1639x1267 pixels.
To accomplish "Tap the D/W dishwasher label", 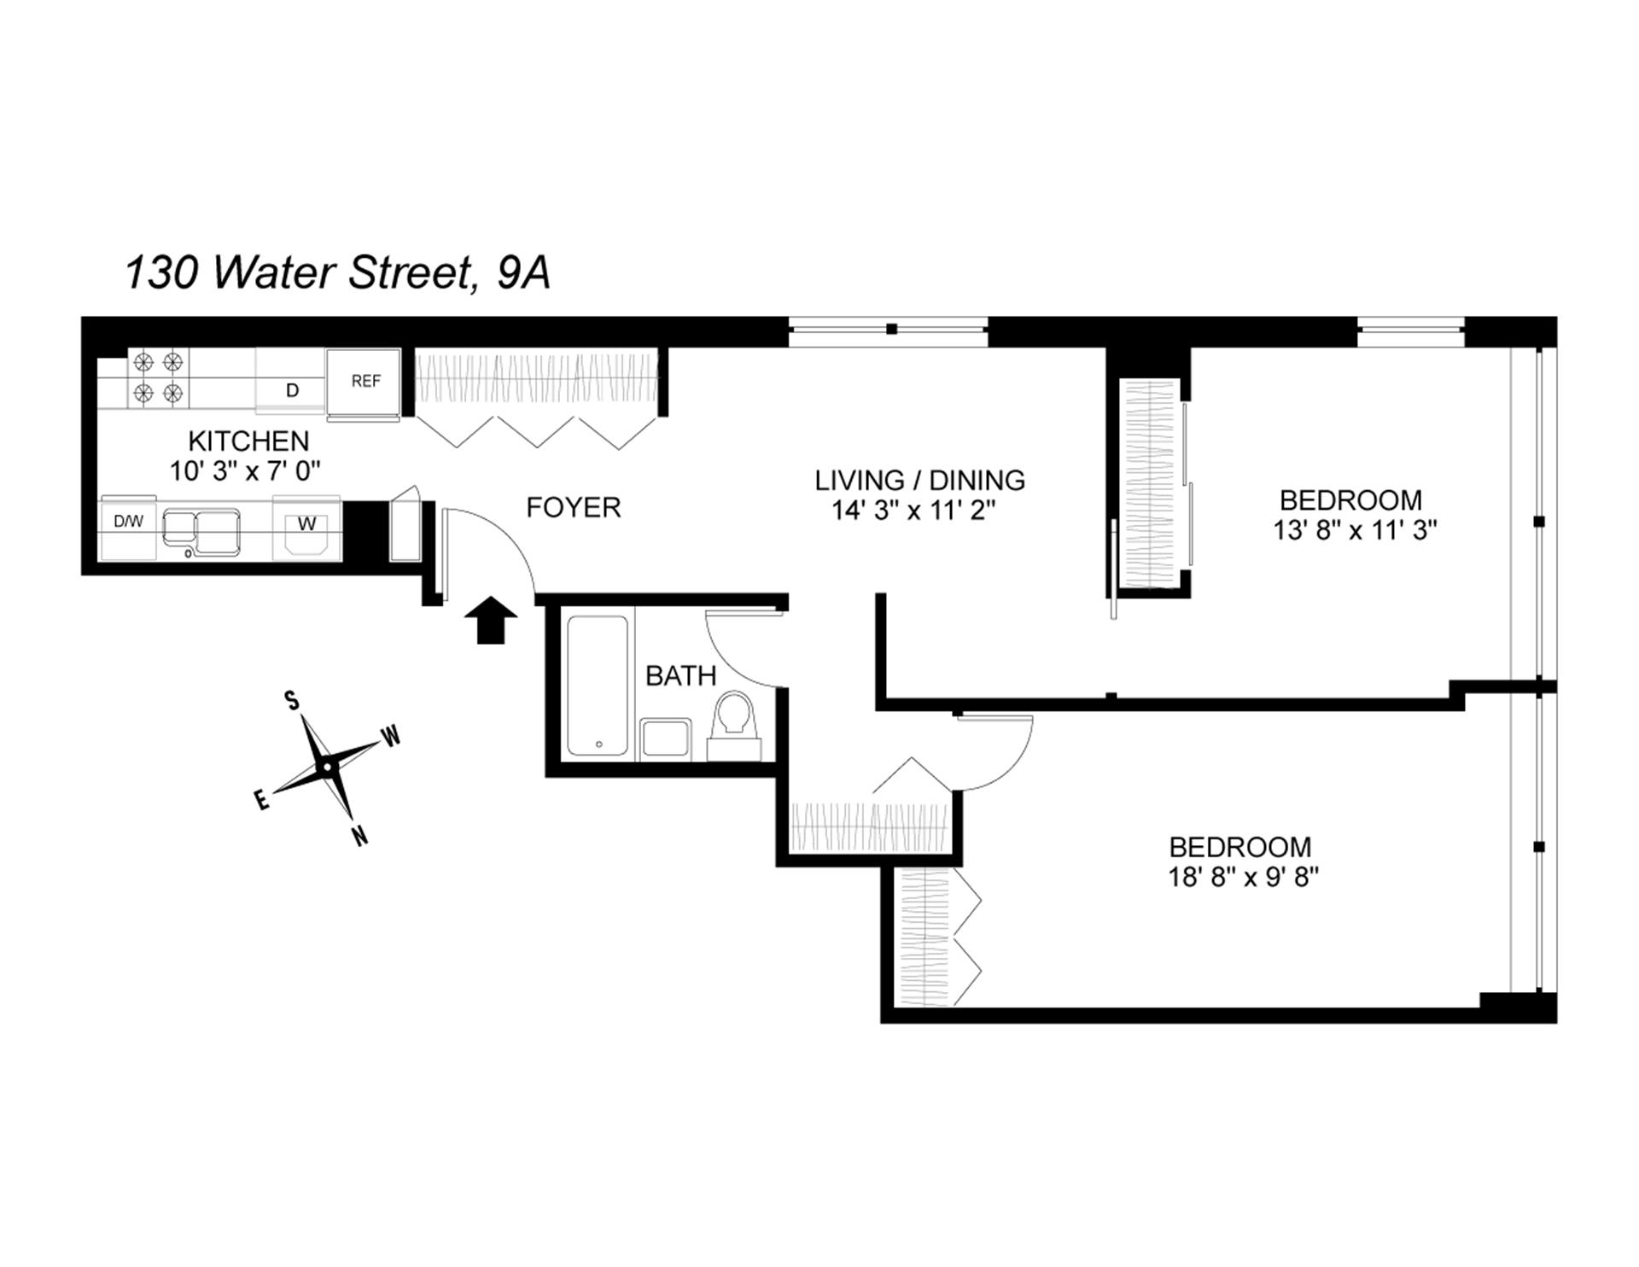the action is tap(128, 522).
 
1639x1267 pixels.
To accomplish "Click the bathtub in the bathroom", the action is tap(598, 686).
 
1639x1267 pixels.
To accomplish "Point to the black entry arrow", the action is tap(491, 618).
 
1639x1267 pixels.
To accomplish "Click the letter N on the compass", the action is tap(360, 837).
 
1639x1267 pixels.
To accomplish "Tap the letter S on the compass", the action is tap(292, 702).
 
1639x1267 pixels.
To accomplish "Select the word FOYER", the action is tap(573, 508).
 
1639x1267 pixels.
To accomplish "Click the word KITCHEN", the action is tap(248, 441).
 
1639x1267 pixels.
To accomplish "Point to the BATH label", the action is tap(680, 676).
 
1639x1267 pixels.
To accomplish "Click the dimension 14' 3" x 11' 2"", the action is tap(914, 511).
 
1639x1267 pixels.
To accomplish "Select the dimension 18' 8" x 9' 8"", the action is tap(1244, 878).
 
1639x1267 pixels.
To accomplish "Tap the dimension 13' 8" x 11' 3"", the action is tap(1355, 530).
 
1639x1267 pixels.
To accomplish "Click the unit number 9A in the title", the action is tap(522, 273).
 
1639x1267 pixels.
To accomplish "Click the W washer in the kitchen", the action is tap(306, 524).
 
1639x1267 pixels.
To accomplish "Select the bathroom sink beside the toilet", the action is tap(665, 738).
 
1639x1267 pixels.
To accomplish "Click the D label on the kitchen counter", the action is tap(292, 391).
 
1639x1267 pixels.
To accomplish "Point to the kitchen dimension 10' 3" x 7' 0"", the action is tap(245, 471).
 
